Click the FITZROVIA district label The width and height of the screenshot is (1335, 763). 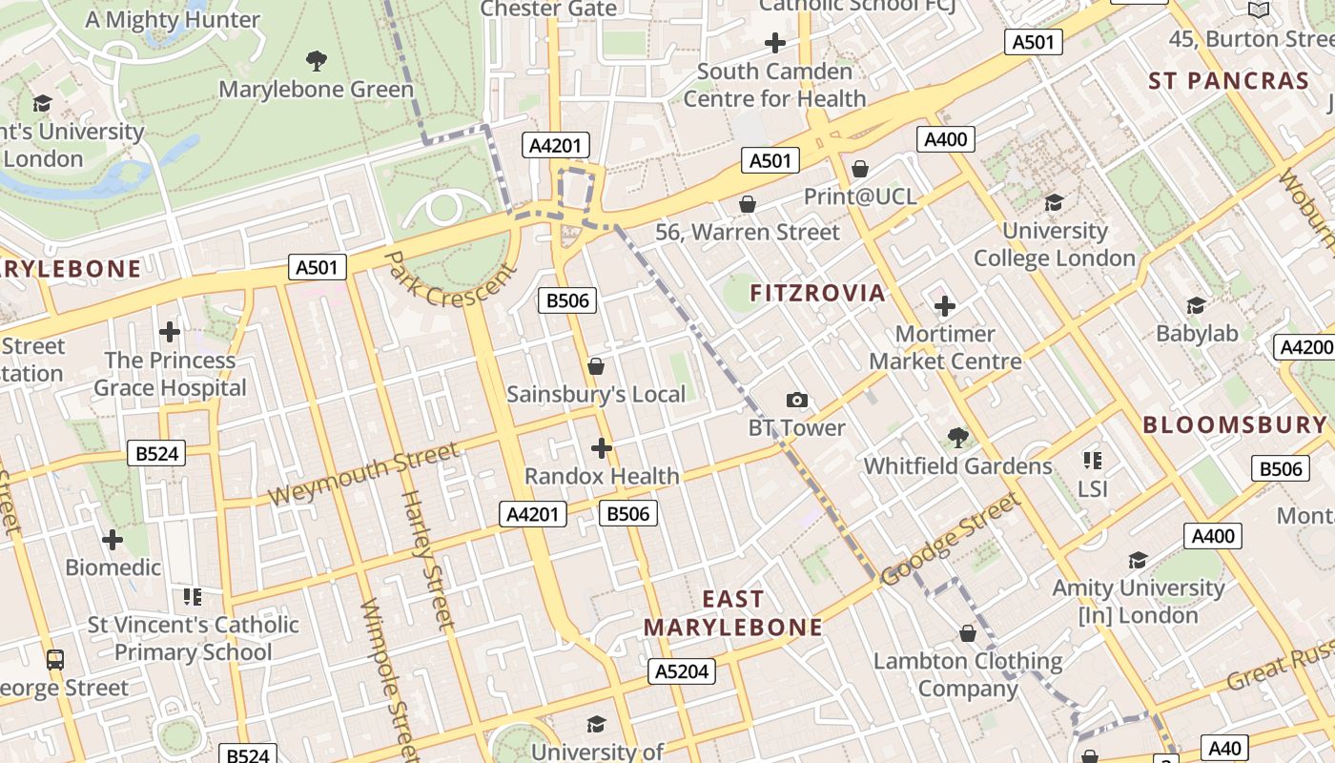click(818, 293)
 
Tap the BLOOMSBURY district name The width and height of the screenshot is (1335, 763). click(1235, 425)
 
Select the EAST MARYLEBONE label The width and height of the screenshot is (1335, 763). click(732, 613)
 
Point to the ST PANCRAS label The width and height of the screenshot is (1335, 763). click(1228, 81)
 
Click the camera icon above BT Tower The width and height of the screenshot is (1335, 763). click(796, 401)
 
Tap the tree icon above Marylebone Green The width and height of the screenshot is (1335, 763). click(317, 62)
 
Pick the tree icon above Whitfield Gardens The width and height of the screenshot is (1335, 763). click(957, 438)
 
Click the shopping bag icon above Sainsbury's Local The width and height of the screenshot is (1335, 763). click(596, 366)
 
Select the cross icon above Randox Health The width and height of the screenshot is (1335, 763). click(602, 447)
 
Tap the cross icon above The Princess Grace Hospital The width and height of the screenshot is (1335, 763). click(170, 332)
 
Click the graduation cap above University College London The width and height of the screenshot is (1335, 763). click(1054, 202)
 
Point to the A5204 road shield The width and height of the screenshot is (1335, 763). click(682, 671)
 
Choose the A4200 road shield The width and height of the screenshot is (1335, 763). click(1304, 347)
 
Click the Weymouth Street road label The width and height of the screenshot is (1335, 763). click(363, 475)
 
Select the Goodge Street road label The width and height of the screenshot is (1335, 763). click(950, 541)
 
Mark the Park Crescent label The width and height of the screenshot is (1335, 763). click(452, 279)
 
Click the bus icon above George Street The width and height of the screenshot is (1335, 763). click(55, 659)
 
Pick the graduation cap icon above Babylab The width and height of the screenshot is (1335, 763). click(1196, 305)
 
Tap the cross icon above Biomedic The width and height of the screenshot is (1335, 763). click(113, 540)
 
